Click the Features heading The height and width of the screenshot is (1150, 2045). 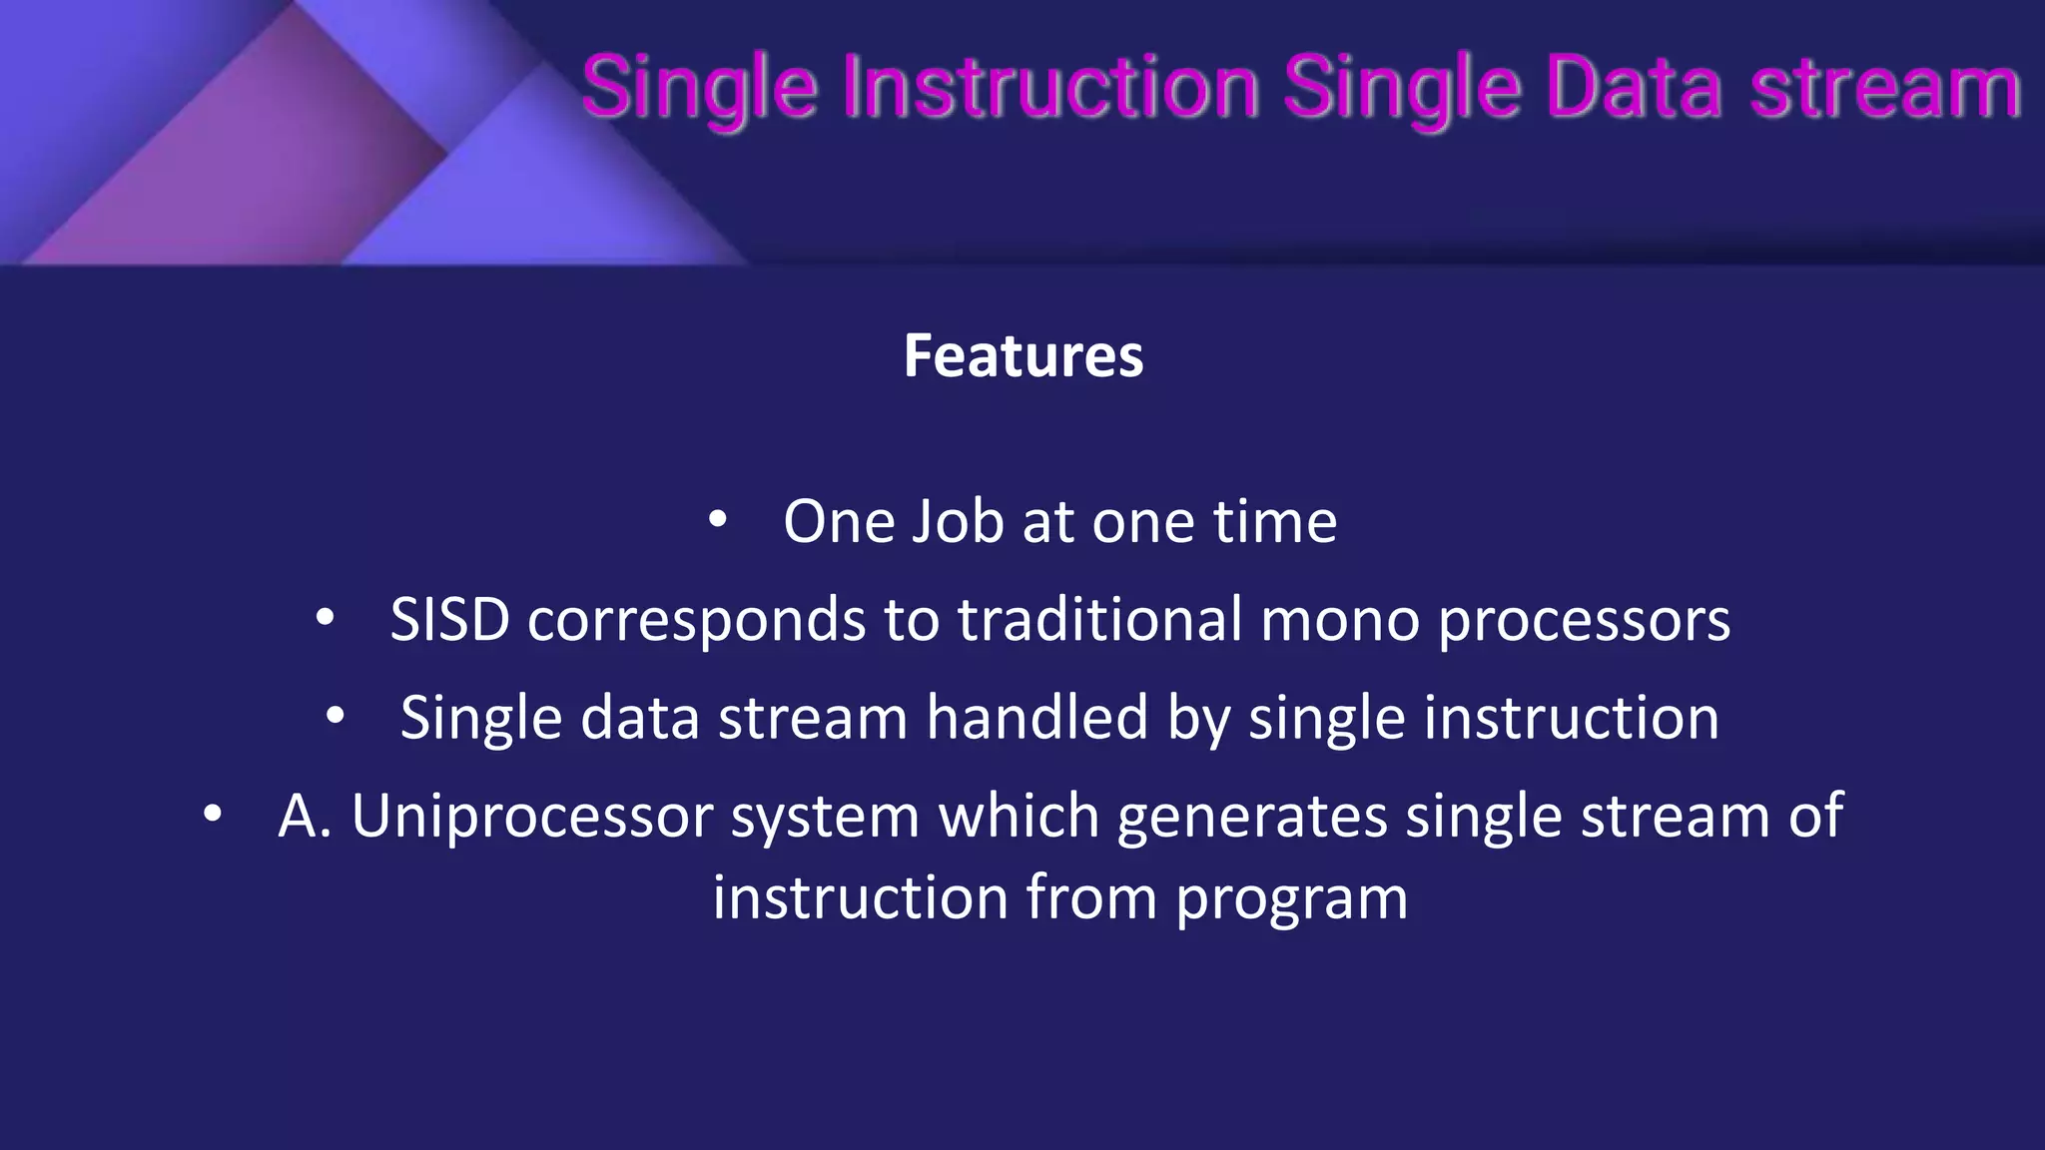[x=1022, y=356]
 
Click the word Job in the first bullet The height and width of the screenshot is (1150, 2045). [x=957, y=521]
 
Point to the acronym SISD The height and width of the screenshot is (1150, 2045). [x=449, y=620]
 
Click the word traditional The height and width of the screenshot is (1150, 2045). [x=1099, y=620]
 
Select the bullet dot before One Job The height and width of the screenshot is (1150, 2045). [x=717, y=520]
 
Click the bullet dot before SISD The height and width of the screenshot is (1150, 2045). [x=325, y=619]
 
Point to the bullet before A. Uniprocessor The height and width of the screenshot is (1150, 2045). [x=212, y=815]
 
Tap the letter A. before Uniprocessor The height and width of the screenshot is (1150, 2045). [x=304, y=817]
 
